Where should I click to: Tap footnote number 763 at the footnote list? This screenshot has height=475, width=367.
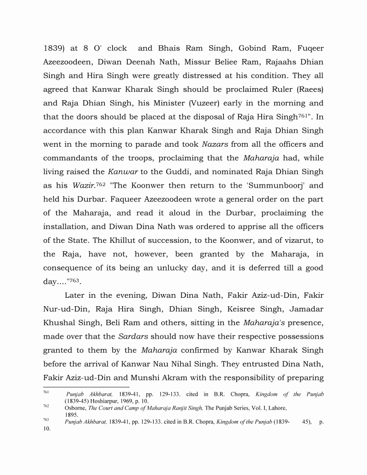pyautogui.click(x=46, y=419)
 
